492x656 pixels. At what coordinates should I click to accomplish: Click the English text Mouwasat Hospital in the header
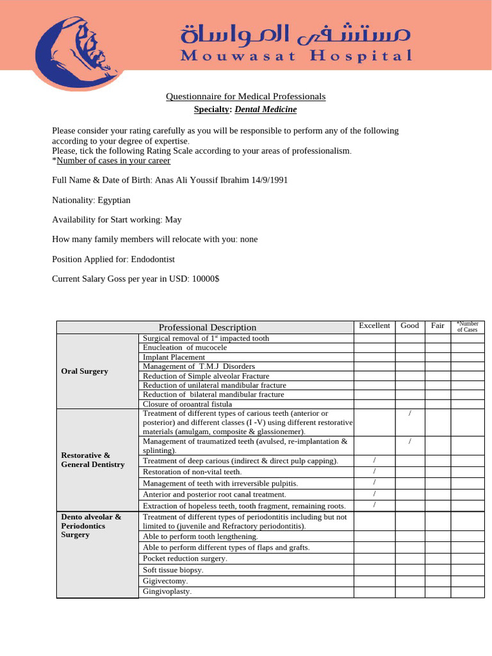pos(296,56)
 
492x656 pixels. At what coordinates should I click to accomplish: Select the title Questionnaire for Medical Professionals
pos(245,97)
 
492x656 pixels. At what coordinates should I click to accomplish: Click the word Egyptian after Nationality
pos(113,200)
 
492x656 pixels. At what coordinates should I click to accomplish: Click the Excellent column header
pos(374,325)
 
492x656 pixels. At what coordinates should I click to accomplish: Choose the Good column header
pos(409,325)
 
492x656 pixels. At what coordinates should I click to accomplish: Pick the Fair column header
pos(438,325)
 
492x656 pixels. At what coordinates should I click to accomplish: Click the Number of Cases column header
pos(467,327)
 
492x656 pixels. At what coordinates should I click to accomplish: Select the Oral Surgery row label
pos(84,371)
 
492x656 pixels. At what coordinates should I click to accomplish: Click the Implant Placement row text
pos(174,357)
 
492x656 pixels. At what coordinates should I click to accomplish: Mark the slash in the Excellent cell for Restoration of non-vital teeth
pos(374,471)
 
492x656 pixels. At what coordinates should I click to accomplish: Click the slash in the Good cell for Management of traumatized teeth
pos(409,442)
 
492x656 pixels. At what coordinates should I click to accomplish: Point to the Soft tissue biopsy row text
pos(173,570)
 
